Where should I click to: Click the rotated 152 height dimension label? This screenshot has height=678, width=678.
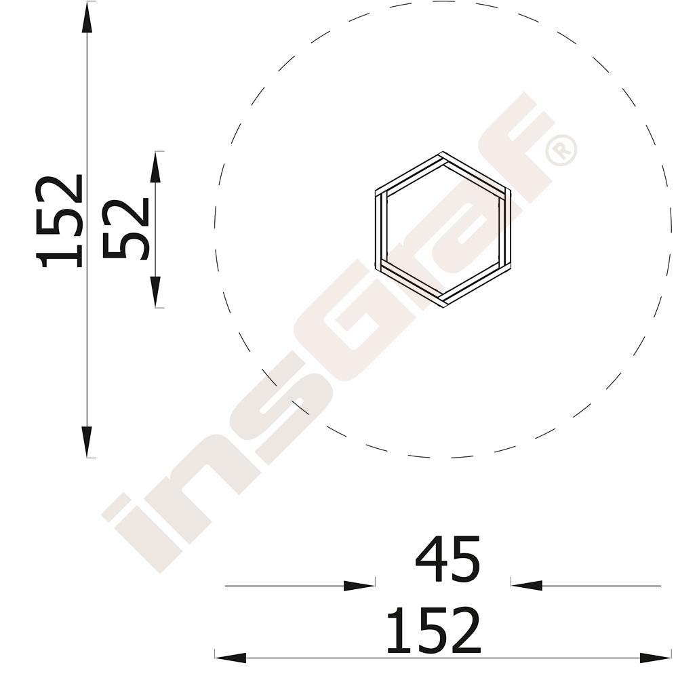59,221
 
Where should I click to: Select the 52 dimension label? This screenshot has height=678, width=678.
125,228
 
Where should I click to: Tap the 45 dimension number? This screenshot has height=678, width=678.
447,559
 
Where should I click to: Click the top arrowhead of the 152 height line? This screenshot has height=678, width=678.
87,18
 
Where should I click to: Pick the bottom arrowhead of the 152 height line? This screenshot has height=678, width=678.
87,441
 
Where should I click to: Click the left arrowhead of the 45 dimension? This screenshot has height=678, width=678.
359,586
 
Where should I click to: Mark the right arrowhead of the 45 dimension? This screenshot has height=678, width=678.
527,586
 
